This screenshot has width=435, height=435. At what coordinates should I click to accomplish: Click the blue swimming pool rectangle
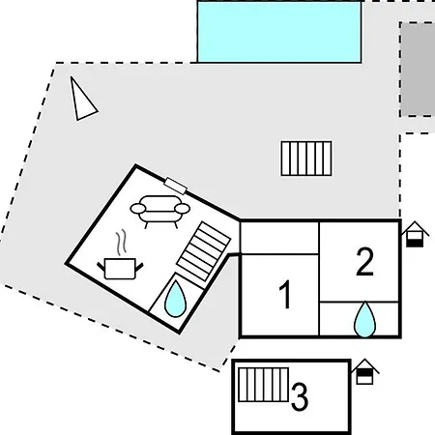click(x=279, y=32)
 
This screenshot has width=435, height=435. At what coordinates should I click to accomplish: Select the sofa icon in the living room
click(x=160, y=211)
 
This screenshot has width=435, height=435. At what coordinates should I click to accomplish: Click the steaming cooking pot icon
click(x=120, y=261)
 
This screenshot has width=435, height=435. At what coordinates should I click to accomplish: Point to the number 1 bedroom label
click(x=285, y=295)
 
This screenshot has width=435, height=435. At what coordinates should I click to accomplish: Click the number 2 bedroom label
click(x=365, y=261)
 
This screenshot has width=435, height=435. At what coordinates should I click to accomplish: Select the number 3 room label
click(x=300, y=396)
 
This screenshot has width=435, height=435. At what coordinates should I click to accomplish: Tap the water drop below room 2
click(x=364, y=319)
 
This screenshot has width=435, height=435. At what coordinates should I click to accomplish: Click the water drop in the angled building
click(x=175, y=299)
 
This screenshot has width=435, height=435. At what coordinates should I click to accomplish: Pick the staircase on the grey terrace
click(x=306, y=159)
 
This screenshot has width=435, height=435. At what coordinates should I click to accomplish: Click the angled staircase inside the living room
click(x=203, y=251)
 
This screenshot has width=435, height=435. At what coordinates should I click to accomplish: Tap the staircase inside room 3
click(x=263, y=385)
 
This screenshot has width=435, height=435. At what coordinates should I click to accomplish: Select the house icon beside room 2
click(x=415, y=234)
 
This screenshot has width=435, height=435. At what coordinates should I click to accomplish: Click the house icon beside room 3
click(x=364, y=371)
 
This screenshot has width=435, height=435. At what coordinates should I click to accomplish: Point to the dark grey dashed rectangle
click(x=418, y=70)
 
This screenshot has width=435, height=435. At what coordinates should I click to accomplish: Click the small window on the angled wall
click(x=176, y=186)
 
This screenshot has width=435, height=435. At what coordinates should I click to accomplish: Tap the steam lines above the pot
click(x=121, y=243)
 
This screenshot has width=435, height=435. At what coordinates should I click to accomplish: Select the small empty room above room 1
click(x=279, y=238)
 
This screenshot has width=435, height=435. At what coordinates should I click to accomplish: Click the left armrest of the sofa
click(x=138, y=209)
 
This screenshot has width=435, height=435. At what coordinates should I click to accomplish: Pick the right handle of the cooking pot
click(x=139, y=267)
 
